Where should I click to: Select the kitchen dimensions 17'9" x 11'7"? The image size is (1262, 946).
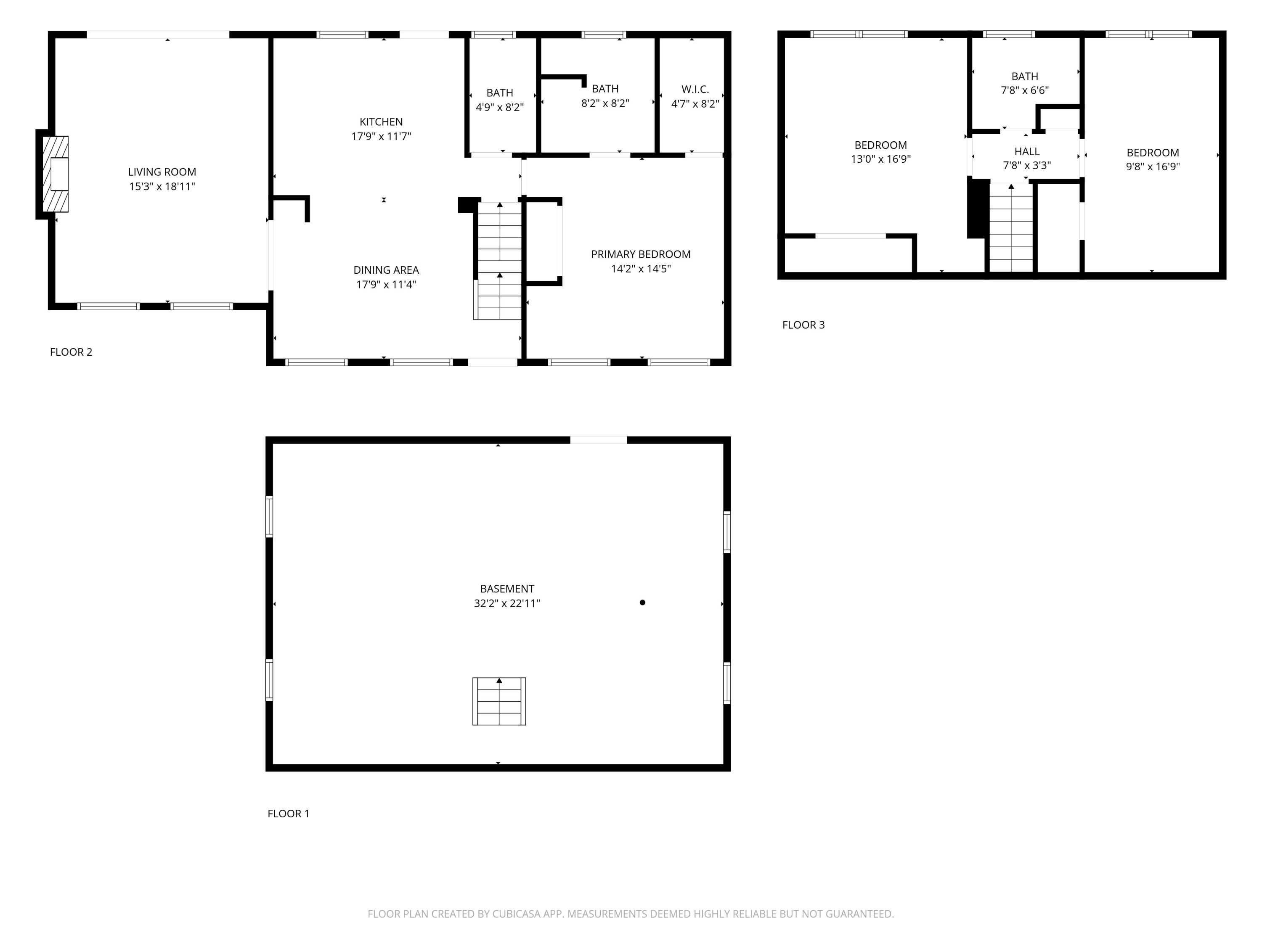click(381, 136)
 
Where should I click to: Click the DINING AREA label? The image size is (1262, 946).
click(386, 270)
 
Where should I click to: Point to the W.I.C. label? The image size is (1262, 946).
click(695, 90)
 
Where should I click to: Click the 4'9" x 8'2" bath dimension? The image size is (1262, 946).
click(500, 107)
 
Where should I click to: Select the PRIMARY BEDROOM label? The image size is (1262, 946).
click(641, 254)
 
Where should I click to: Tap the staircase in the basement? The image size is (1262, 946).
click(499, 701)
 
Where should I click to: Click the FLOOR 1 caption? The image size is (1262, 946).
click(289, 814)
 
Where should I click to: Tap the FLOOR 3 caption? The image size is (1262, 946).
click(803, 325)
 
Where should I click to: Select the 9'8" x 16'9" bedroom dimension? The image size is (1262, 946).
click(1153, 167)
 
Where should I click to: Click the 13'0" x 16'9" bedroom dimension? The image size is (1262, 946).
click(881, 159)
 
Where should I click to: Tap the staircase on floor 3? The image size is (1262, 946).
click(1011, 228)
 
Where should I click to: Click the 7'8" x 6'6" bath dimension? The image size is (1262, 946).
click(1025, 90)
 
